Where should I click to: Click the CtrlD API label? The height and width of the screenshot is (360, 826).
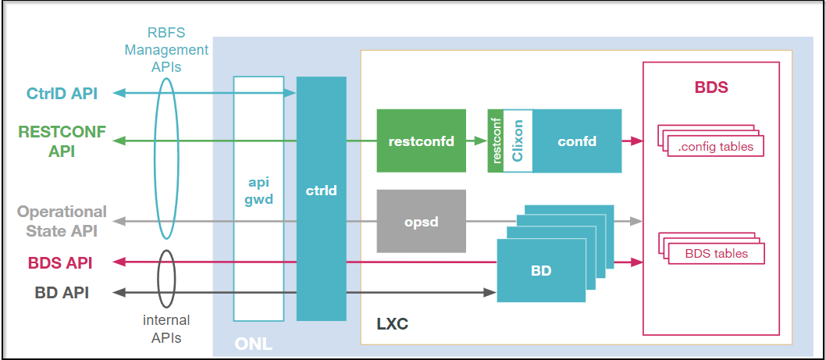[x=62, y=94]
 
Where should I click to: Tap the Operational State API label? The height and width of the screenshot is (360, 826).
[x=62, y=220]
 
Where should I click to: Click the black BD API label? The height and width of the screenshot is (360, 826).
[x=62, y=293]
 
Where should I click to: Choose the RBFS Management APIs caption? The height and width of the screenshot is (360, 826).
[x=178, y=50]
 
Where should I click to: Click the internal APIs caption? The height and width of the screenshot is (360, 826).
[x=166, y=329]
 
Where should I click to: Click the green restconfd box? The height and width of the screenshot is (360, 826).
[x=421, y=141]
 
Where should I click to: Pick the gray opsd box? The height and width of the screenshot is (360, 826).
[x=421, y=221]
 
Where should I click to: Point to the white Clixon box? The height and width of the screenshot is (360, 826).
[x=518, y=141]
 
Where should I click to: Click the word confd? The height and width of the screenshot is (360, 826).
[x=577, y=141]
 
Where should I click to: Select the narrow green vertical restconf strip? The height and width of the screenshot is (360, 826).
[x=496, y=141]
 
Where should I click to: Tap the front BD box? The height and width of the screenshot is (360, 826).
[x=541, y=271]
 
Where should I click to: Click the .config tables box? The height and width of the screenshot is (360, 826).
[x=715, y=146]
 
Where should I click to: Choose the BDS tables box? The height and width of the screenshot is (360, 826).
[x=715, y=253]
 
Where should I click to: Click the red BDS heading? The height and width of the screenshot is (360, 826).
[x=710, y=87]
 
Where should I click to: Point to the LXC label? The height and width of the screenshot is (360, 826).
[x=392, y=323]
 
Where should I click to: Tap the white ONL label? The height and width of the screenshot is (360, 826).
[x=253, y=344]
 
